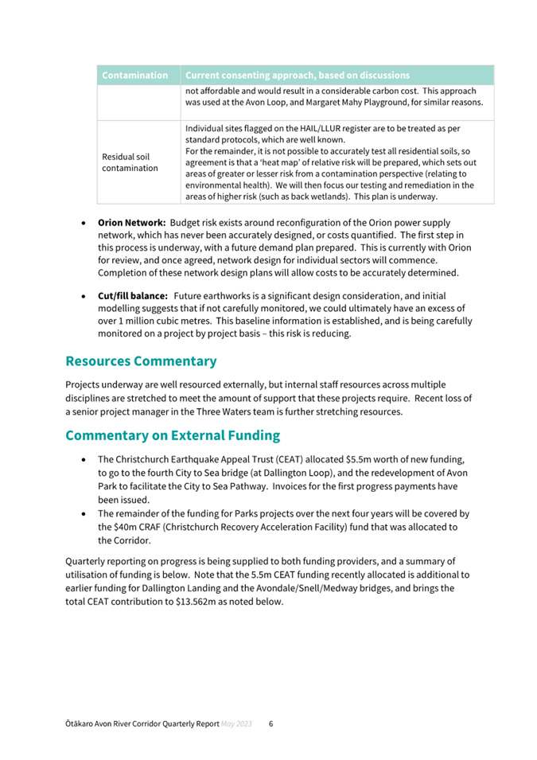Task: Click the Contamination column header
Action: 135,76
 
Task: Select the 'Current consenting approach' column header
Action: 297,76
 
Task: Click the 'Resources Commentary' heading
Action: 141,361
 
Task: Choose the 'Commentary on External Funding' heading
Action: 173,436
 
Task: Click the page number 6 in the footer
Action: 270,724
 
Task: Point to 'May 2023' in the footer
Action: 237,724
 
